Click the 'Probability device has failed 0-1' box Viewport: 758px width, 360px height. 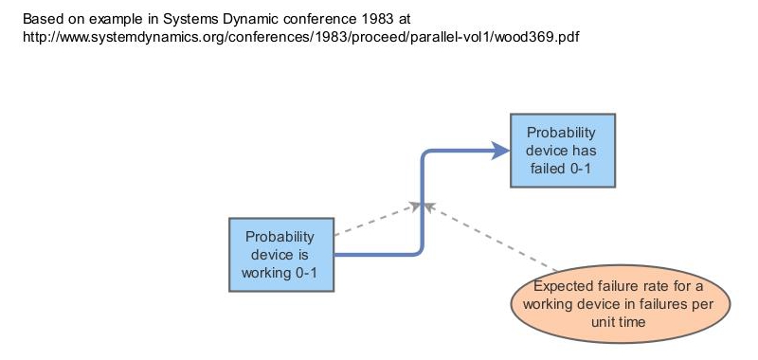coord(563,150)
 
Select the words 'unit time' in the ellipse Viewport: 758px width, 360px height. coord(622,322)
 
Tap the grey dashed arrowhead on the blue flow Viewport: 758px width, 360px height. coord(416,203)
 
